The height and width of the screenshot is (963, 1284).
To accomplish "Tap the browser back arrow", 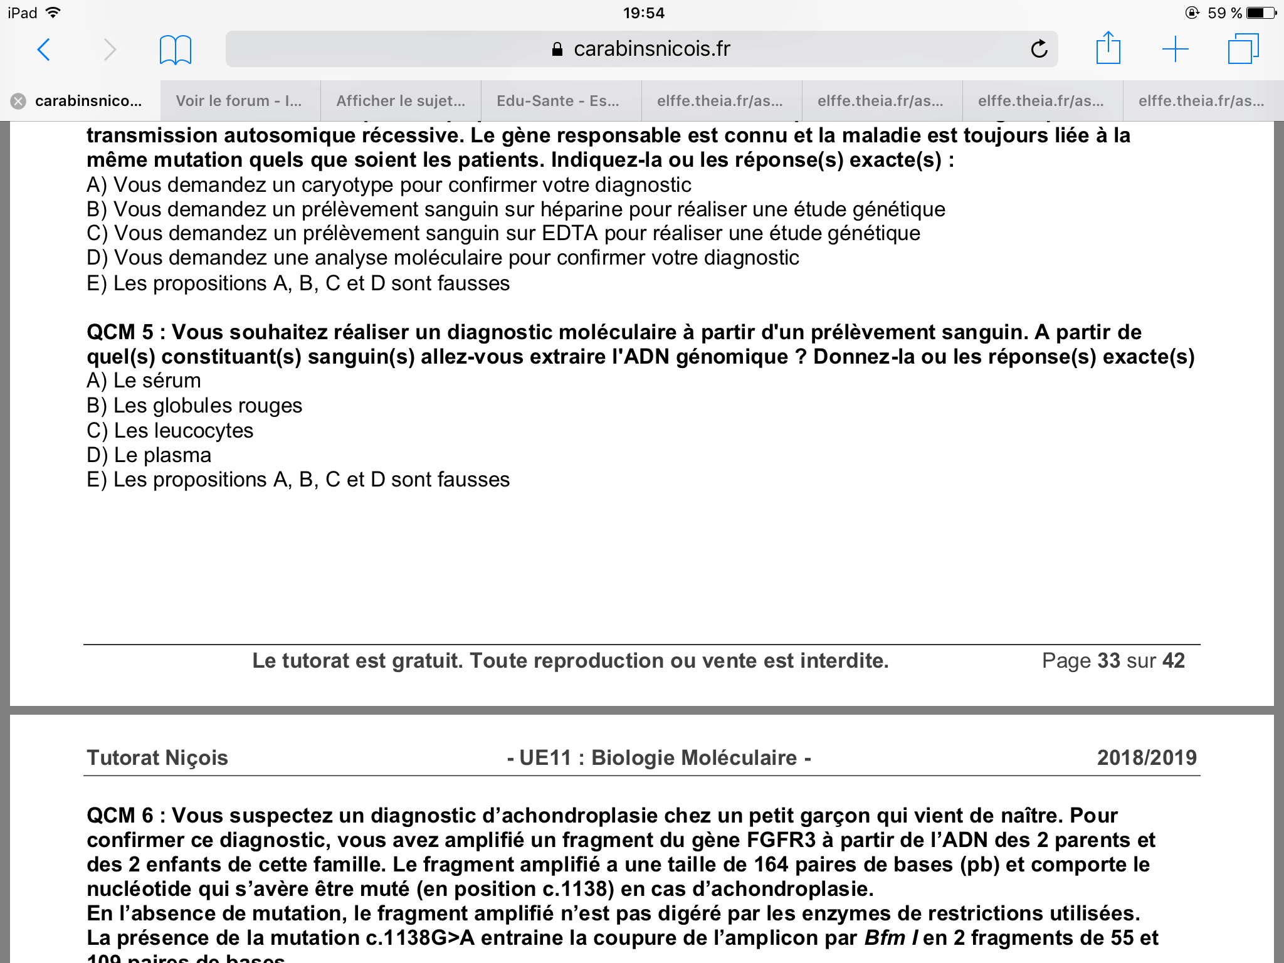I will (x=44, y=50).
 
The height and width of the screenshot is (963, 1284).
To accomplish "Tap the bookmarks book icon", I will (x=176, y=50).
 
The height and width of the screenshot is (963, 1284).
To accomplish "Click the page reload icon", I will (x=1039, y=49).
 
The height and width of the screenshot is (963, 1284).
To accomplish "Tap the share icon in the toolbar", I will (x=1108, y=48).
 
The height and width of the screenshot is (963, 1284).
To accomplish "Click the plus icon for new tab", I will (x=1175, y=49).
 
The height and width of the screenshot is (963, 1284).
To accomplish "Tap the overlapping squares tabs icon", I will (x=1243, y=49).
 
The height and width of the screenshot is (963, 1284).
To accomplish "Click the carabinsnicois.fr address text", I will (x=651, y=49).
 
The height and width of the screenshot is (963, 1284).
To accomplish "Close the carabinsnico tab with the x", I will (x=19, y=101).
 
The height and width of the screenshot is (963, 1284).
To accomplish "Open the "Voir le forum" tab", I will (x=239, y=101).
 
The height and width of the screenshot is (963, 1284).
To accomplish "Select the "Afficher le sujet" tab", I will (x=401, y=101).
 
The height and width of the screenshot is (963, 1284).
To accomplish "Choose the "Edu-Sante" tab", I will (x=558, y=101).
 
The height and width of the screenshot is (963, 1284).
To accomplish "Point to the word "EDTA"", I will (x=569, y=233).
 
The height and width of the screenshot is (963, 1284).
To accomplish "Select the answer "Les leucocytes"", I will (x=183, y=431).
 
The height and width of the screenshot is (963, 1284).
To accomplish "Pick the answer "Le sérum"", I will (x=157, y=381).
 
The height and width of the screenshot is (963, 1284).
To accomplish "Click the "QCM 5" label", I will (x=120, y=332).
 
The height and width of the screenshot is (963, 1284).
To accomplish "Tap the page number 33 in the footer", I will (x=1108, y=660).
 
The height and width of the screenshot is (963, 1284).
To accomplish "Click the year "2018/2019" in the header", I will (x=1147, y=757).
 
